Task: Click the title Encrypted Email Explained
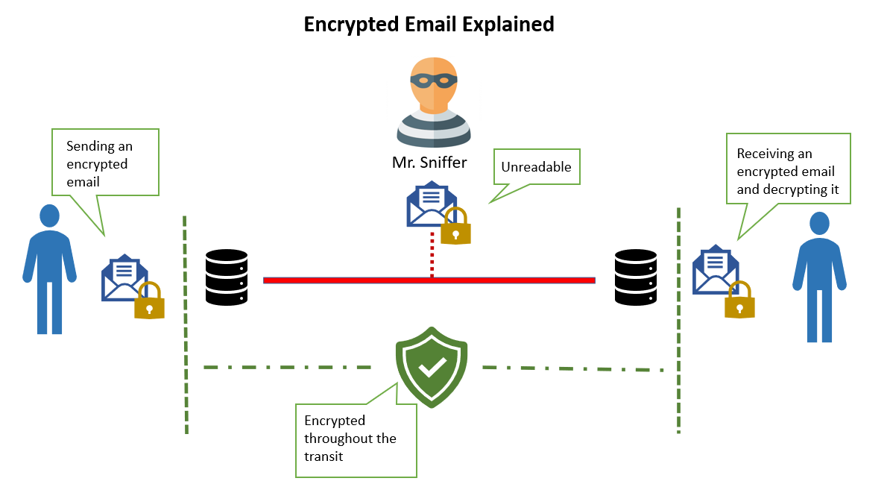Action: tap(429, 24)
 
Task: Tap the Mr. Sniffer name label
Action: tap(429, 162)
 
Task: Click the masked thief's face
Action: tap(434, 86)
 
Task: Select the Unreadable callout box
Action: tap(536, 167)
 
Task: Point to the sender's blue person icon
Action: tap(49, 268)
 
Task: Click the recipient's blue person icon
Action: tap(819, 277)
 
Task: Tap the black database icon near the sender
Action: tap(227, 277)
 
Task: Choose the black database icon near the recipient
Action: tap(635, 277)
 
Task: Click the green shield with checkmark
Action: tap(432, 365)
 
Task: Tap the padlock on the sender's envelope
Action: tap(149, 301)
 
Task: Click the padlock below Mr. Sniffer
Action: tap(455, 227)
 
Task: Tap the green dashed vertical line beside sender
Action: tap(185, 324)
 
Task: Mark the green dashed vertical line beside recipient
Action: tap(678, 321)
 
